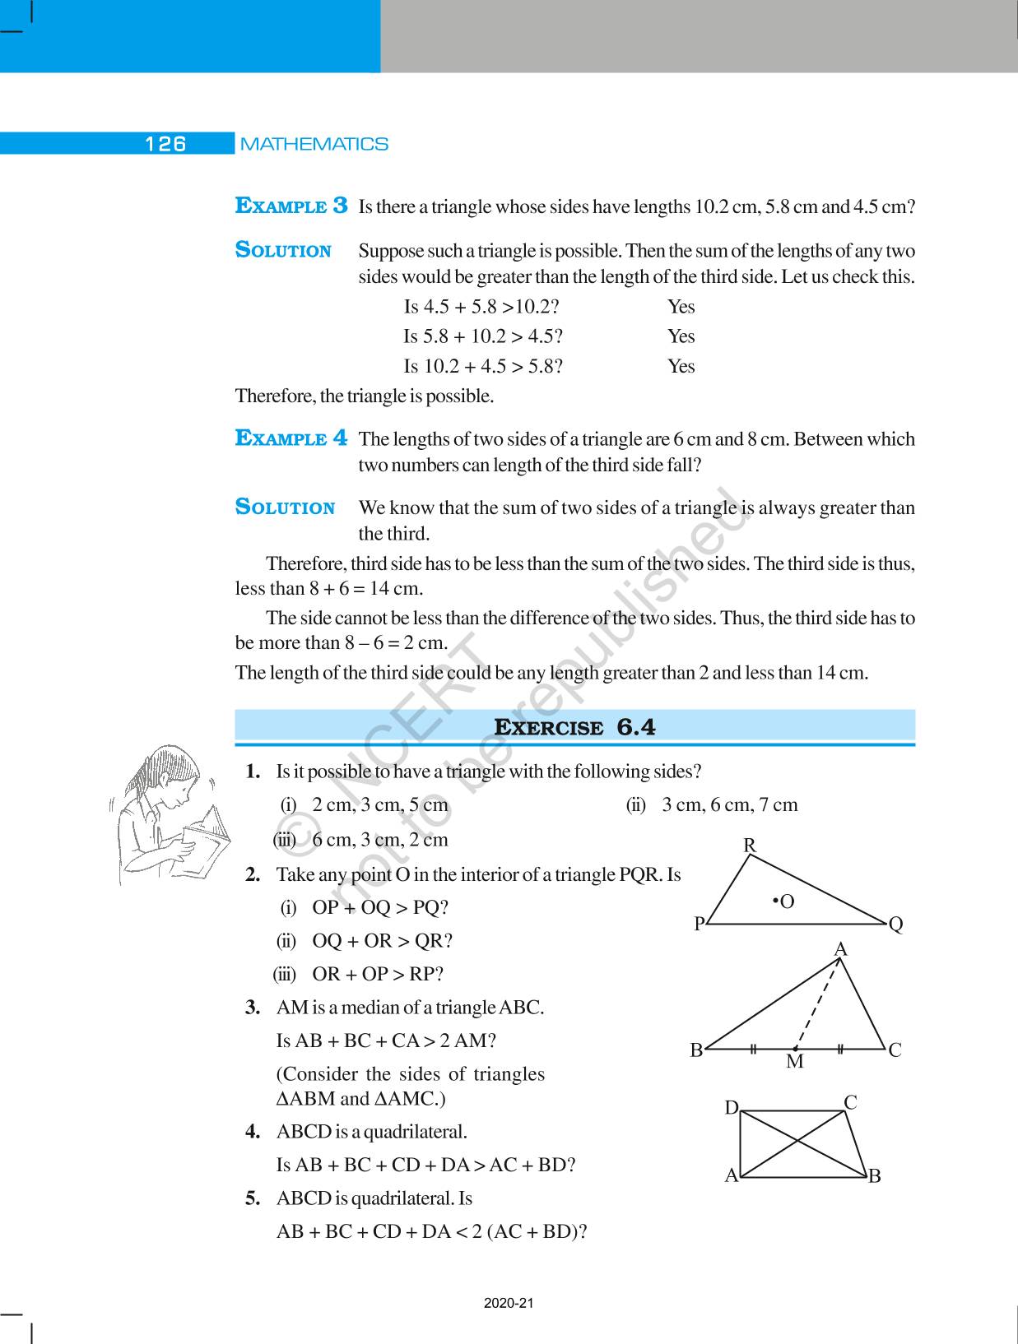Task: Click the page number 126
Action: (x=165, y=144)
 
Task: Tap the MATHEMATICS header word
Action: (x=314, y=144)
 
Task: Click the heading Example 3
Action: (x=291, y=206)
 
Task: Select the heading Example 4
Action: (x=291, y=438)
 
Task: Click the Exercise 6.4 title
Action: (x=574, y=727)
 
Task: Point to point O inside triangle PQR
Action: (x=775, y=902)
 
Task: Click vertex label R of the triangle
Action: (x=750, y=845)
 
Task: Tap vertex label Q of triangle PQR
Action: (x=896, y=925)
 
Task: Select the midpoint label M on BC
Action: (x=794, y=1062)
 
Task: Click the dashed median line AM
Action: (x=819, y=1003)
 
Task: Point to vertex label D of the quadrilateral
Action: (x=731, y=1108)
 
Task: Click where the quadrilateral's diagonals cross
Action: (x=796, y=1142)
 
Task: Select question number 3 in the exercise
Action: (x=253, y=1008)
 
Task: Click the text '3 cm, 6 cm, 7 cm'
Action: (x=730, y=804)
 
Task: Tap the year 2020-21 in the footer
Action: (x=509, y=1304)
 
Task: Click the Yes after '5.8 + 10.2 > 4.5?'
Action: (x=681, y=336)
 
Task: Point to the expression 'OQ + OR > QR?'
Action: (x=382, y=941)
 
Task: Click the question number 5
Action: (x=253, y=1198)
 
